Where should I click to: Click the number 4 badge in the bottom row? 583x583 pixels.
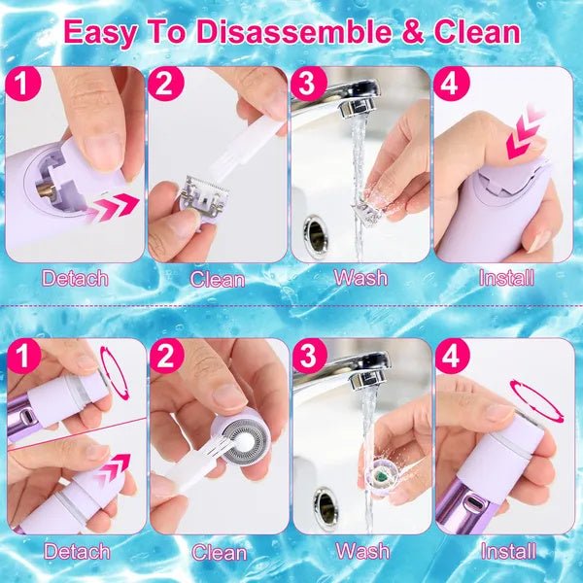(450, 357)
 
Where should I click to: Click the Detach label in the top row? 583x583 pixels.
(76, 278)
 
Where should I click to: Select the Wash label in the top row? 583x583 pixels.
(360, 278)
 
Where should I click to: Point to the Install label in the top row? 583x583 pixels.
(506, 278)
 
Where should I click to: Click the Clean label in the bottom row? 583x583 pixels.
(219, 552)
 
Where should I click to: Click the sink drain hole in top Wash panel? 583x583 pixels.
(316, 232)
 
